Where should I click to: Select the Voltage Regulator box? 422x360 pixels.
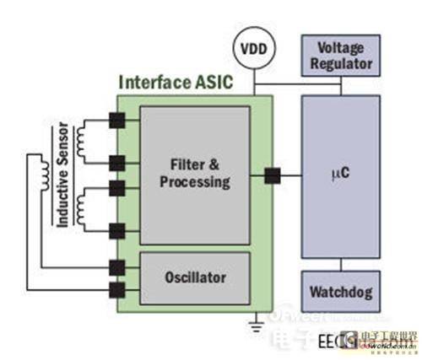point(340,56)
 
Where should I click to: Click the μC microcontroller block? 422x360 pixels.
point(340,176)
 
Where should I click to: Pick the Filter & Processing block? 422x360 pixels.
point(195,175)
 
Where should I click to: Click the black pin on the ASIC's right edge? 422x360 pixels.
point(273,176)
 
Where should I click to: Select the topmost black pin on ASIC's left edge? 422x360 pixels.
point(116,121)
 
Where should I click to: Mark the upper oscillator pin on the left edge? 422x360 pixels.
point(116,268)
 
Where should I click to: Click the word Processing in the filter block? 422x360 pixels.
point(195,183)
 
